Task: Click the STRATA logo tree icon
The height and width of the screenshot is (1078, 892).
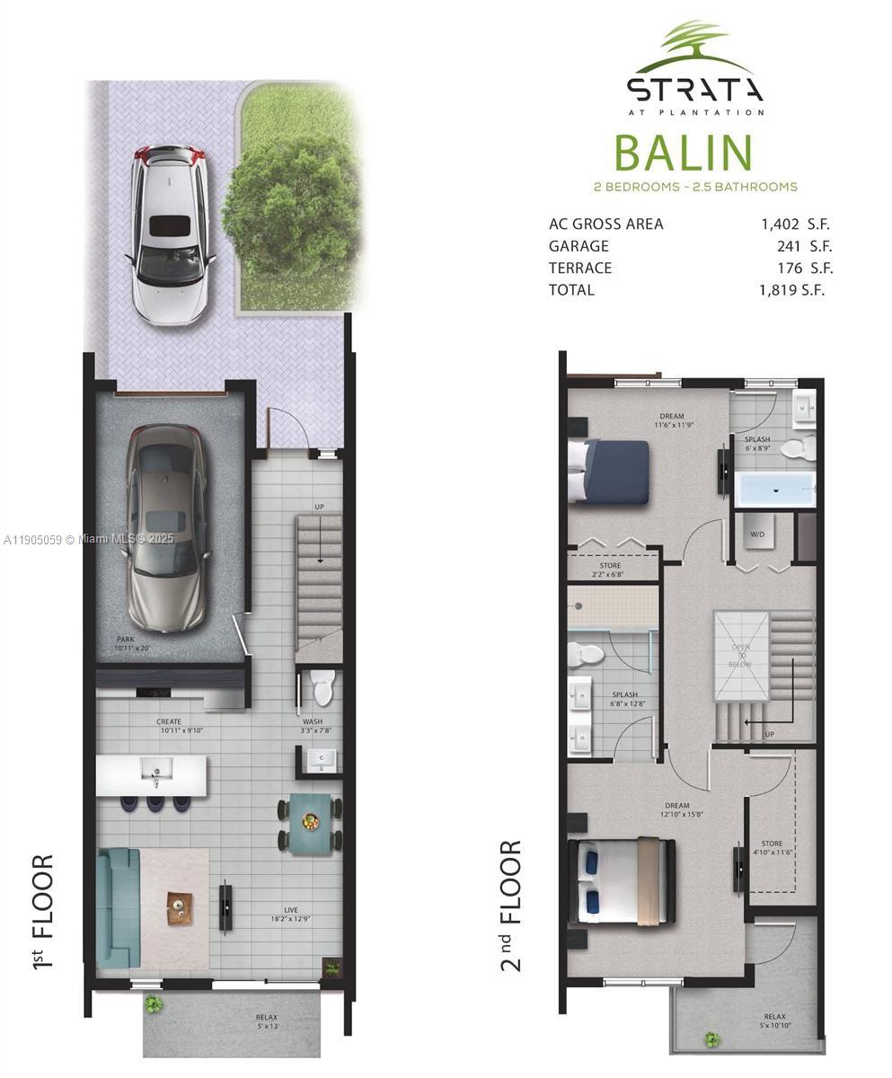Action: click(694, 49)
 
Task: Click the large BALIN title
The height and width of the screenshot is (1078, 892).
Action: click(683, 154)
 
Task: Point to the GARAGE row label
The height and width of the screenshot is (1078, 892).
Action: click(578, 246)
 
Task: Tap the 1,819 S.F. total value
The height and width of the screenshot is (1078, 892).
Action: click(791, 290)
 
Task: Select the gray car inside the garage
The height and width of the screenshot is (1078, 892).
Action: click(169, 528)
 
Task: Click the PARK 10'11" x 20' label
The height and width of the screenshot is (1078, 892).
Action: click(132, 644)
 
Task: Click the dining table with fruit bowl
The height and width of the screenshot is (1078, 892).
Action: click(310, 824)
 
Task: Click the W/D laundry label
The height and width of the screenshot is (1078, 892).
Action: click(757, 535)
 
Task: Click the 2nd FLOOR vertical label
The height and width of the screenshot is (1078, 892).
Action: click(510, 906)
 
